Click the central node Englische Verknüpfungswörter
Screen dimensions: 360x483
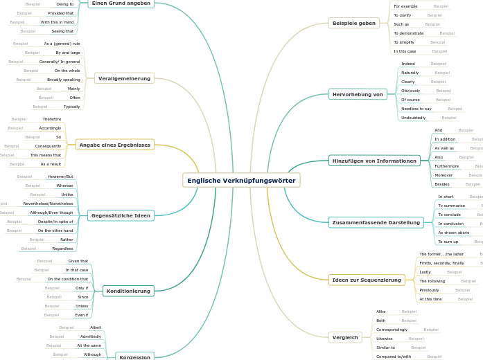pyautogui.click(x=241, y=181)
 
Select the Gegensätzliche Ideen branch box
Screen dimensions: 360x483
pyautogui.click(x=121, y=215)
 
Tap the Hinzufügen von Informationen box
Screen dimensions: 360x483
pyautogui.click(x=374, y=161)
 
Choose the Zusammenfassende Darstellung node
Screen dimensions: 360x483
pyautogui.click(x=376, y=222)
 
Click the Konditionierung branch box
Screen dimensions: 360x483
pyautogui.click(x=128, y=291)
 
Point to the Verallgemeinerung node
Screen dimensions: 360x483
pyautogui.click(x=124, y=78)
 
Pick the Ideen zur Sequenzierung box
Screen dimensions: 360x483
pyautogui.click(x=367, y=280)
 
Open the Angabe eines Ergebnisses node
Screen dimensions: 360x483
pyautogui.click(x=114, y=145)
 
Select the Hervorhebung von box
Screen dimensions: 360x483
pyautogui.click(x=358, y=93)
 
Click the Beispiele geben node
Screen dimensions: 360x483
pyautogui.click(x=353, y=23)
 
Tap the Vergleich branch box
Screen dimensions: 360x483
pyautogui.click(x=345, y=337)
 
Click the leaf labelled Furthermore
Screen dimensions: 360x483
pyautogui.click(x=446, y=166)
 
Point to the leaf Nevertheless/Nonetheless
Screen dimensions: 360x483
pyautogui.click(x=48, y=204)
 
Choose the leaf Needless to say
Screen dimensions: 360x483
pyautogui.click(x=416, y=109)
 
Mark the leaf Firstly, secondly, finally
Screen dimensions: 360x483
pyautogui.click(x=441, y=263)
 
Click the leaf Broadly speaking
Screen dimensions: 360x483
pyautogui.click(x=63, y=80)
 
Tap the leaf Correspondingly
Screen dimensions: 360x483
pyautogui.click(x=392, y=330)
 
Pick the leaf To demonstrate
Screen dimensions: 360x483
pyautogui.click(x=408, y=33)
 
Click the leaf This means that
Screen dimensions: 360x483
pyautogui.click(x=45, y=155)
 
